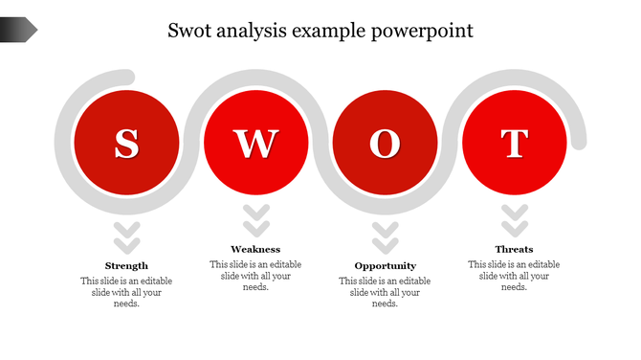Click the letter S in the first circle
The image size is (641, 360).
(x=126, y=143)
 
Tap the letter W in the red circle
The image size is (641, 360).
(x=255, y=143)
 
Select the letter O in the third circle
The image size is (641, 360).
(x=385, y=143)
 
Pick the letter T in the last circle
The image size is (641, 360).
(x=515, y=143)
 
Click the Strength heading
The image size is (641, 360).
(x=126, y=265)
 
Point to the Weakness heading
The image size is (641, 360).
(x=255, y=249)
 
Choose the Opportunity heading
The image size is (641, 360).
(x=385, y=265)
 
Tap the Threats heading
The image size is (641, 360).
(x=515, y=249)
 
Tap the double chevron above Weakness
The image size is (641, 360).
(x=255, y=221)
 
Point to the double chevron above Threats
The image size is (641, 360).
(x=515, y=221)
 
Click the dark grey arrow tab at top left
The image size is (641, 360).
(x=18, y=30)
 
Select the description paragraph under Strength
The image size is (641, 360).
(x=126, y=292)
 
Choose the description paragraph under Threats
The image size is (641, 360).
(x=515, y=276)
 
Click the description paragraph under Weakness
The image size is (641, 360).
(x=255, y=276)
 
